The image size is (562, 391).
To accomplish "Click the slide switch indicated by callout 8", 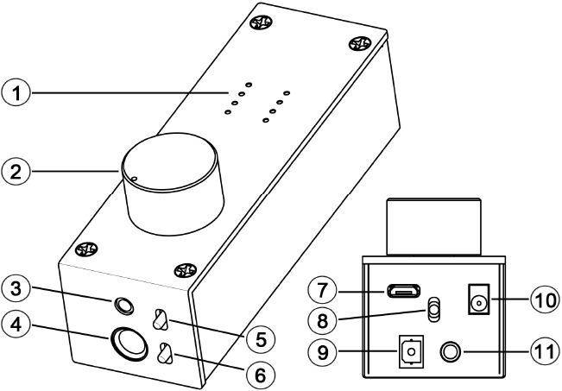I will pos(434,307).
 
